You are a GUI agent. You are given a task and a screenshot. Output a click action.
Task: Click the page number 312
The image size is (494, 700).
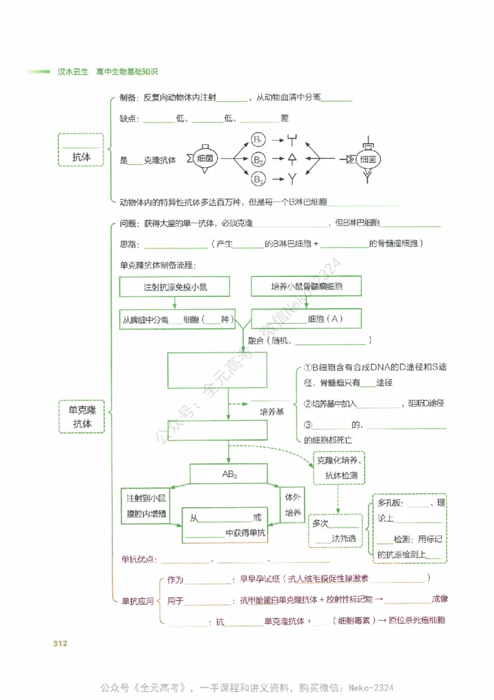click(60, 644)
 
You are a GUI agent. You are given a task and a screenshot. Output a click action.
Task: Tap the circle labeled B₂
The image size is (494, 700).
click(259, 160)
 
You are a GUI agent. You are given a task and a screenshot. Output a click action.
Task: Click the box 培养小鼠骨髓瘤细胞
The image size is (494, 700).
click(306, 287)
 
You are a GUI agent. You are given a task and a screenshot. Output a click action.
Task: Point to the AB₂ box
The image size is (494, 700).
click(229, 474)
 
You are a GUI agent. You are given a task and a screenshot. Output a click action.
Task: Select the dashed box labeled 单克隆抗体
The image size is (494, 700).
click(82, 417)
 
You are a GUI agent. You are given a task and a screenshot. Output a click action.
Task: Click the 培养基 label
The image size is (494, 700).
click(271, 411)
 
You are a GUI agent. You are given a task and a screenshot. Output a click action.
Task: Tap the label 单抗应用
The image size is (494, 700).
click(137, 600)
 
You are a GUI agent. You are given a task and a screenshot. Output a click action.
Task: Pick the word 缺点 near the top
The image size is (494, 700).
click(128, 117)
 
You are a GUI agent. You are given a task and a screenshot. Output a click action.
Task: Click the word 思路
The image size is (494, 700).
click(128, 244)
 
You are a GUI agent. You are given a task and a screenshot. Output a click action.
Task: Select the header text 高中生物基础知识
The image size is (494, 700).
click(127, 72)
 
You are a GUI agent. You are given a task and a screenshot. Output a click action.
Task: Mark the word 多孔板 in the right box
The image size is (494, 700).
click(390, 503)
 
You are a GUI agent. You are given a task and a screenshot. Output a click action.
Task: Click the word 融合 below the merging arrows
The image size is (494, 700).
click(256, 341)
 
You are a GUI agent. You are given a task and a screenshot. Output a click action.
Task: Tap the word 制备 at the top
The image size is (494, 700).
click(128, 98)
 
